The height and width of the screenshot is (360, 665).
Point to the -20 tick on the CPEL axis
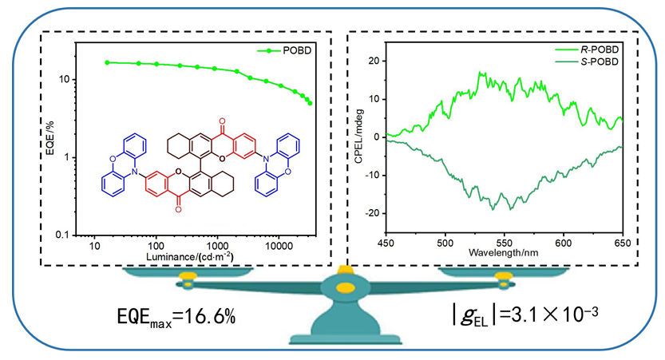pyautogui.click(x=375, y=213)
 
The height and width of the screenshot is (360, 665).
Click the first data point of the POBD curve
pyautogui.click(x=108, y=62)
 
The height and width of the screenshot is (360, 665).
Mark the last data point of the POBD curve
pyautogui.click(x=310, y=103)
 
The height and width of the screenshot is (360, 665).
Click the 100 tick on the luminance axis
pyautogui.click(x=156, y=246)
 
